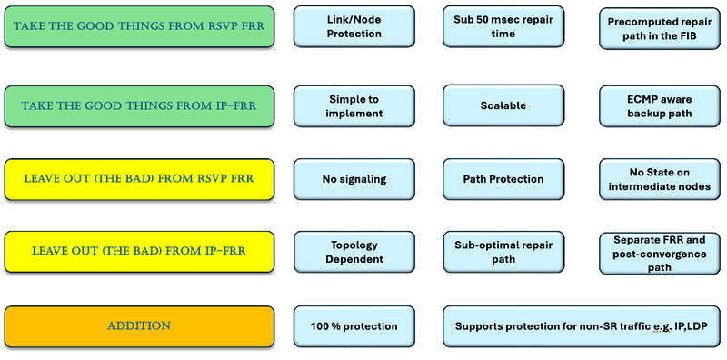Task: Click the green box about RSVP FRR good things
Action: tap(138, 27)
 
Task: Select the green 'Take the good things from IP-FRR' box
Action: tap(138, 105)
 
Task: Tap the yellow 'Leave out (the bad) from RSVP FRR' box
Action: tap(138, 178)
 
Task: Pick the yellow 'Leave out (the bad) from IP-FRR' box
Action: tap(138, 251)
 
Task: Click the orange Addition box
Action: tap(138, 325)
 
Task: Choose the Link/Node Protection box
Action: tap(354, 26)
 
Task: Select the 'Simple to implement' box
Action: tap(354, 105)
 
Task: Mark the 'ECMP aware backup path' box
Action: tap(659, 106)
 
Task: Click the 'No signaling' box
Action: tap(354, 179)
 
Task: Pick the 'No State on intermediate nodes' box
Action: tap(659, 179)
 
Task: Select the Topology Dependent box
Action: tap(354, 252)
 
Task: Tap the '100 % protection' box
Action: tap(354, 325)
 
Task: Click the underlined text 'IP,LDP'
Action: tap(690, 326)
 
